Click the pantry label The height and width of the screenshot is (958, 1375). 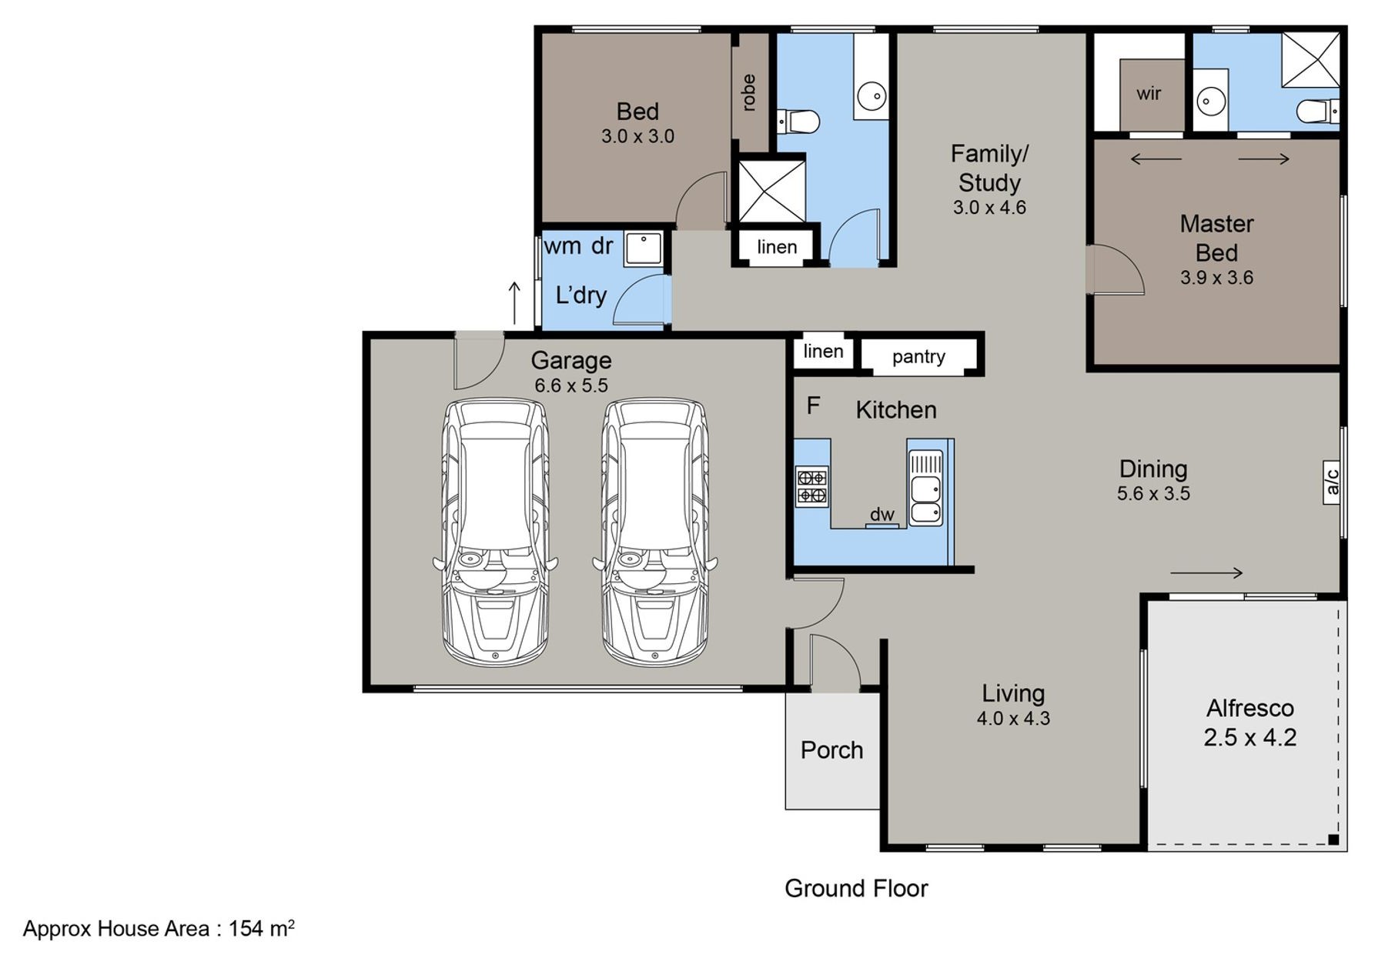918,357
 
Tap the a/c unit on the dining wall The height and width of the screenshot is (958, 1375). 1333,482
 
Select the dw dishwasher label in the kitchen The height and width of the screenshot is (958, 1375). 882,515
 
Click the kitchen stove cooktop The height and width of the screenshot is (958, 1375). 811,486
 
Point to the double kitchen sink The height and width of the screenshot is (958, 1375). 925,488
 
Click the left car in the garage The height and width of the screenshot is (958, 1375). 496,532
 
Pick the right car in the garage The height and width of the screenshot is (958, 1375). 655,532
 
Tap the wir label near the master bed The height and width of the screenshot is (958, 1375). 1149,94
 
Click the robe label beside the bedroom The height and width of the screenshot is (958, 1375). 748,92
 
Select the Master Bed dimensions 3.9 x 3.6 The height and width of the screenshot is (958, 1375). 1216,278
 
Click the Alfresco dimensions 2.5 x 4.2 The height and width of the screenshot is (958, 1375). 1250,737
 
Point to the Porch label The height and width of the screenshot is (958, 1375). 831,750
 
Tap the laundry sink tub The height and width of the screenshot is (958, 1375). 643,249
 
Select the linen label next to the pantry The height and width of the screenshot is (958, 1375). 823,352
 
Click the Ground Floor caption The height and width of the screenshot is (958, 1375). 856,889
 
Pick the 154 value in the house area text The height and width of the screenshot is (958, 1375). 246,929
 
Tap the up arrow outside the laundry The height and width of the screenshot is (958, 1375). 514,303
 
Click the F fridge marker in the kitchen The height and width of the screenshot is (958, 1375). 813,406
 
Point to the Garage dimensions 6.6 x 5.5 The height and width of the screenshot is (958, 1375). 571,386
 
